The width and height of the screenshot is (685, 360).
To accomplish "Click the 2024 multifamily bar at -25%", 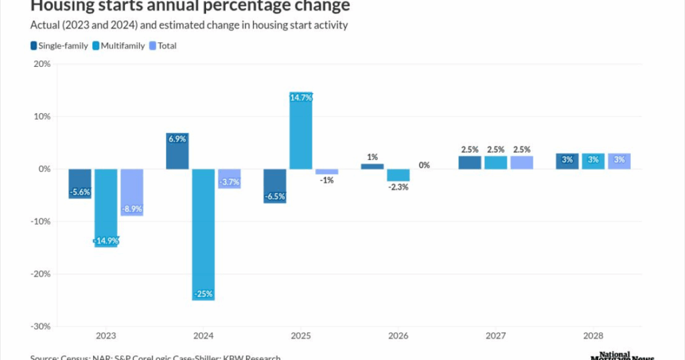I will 203,234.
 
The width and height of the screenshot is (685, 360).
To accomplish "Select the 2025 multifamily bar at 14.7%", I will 300,130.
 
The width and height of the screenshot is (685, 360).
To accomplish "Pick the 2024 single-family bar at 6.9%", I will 177,151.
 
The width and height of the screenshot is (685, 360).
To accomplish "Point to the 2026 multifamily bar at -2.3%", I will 398,175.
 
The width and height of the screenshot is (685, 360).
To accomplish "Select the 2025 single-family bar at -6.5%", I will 275,186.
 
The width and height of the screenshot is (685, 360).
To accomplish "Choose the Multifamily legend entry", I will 120,46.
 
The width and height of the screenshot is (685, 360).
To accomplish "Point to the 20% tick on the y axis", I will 41,64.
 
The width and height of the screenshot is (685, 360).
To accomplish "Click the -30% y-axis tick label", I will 39,327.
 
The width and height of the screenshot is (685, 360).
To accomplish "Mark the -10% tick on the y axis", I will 39,221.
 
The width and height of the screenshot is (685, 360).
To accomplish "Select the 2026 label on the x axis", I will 398,335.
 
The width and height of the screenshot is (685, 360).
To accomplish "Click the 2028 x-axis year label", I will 593,335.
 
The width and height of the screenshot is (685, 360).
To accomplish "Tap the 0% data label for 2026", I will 423,165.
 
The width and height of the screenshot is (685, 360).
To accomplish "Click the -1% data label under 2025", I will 327,179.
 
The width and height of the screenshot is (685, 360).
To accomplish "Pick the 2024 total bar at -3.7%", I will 229,179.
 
